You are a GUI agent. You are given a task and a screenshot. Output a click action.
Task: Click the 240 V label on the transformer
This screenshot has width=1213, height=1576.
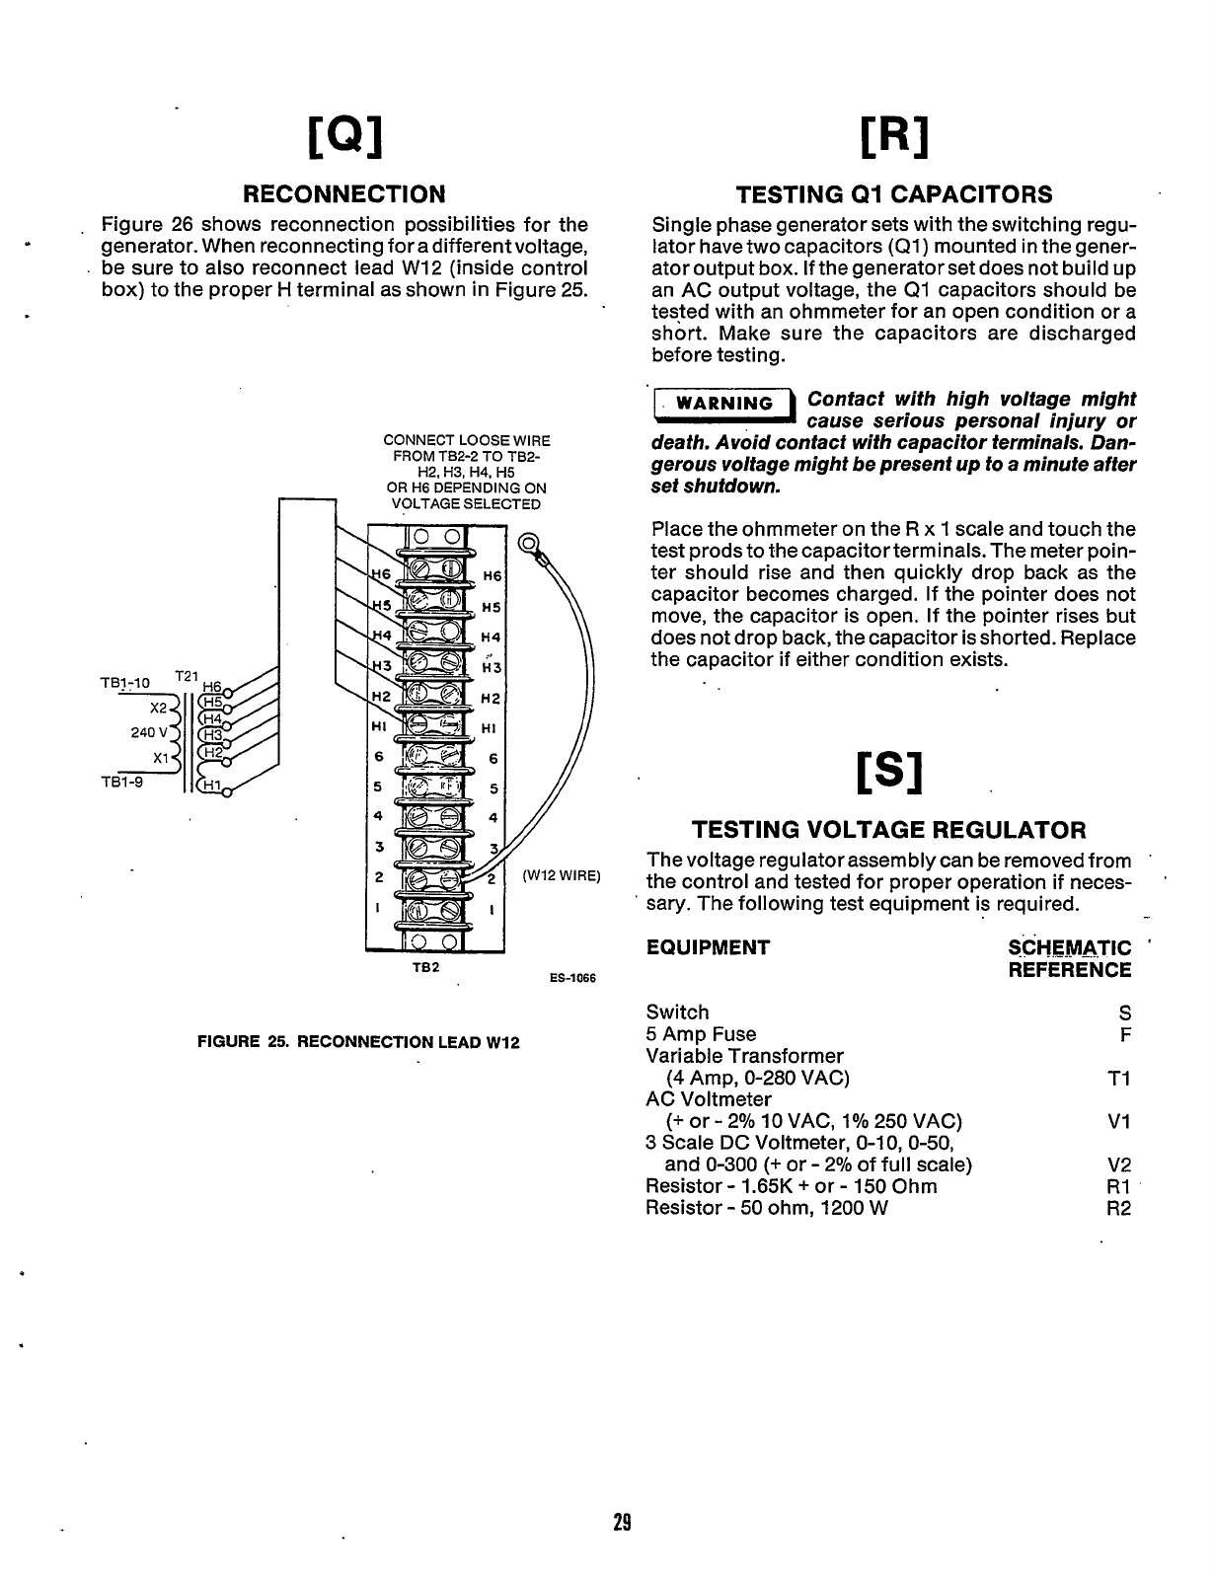click(x=148, y=732)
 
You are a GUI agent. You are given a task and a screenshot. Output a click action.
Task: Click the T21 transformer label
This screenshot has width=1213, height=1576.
click(x=185, y=676)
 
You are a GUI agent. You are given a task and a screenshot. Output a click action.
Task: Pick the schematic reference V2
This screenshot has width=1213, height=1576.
click(x=1118, y=1164)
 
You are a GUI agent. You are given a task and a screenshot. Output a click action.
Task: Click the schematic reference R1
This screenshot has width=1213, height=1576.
click(x=1118, y=1186)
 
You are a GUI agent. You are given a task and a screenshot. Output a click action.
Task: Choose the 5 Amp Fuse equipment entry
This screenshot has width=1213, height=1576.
click(x=701, y=1034)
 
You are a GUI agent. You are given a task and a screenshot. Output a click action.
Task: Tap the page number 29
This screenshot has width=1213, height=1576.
click(x=621, y=1521)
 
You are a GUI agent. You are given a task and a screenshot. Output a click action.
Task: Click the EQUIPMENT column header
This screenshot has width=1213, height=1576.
click(x=708, y=948)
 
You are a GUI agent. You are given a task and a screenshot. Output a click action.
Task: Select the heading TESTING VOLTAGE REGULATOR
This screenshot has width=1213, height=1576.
click(x=887, y=830)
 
